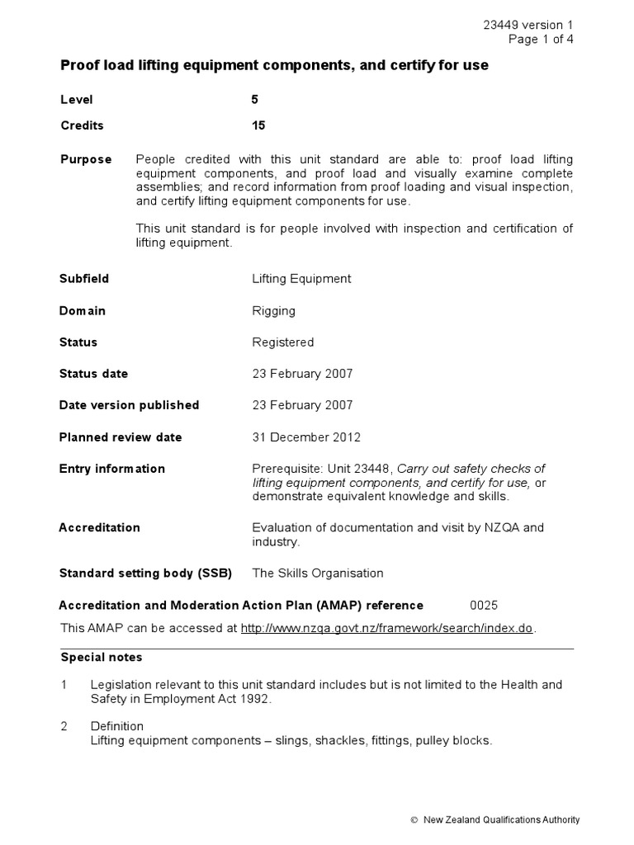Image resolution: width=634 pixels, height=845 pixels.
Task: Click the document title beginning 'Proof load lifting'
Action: tap(274, 65)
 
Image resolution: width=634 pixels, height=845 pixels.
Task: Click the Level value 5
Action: tap(255, 100)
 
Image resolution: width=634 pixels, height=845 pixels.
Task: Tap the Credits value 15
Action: tap(258, 126)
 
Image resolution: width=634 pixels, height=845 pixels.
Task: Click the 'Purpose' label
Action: tap(86, 159)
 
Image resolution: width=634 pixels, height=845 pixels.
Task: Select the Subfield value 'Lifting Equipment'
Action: tap(301, 279)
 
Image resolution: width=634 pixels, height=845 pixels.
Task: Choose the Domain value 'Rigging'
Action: tap(273, 311)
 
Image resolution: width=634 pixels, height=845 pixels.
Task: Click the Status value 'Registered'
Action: tap(282, 342)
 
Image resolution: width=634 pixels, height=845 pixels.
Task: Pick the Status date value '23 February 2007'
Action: tap(302, 374)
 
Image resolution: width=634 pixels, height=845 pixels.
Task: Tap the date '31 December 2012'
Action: tap(305, 437)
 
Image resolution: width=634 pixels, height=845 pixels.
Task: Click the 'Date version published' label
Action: tap(129, 405)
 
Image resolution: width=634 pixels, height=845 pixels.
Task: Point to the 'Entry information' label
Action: tap(112, 469)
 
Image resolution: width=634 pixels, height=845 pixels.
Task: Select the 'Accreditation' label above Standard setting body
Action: tap(100, 527)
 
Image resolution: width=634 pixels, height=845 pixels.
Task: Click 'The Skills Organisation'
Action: tap(318, 573)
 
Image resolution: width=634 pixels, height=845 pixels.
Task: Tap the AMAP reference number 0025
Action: tap(484, 605)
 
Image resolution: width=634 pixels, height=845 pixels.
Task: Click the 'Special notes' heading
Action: tap(102, 658)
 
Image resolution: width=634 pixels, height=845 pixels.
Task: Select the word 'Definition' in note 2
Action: tap(117, 726)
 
